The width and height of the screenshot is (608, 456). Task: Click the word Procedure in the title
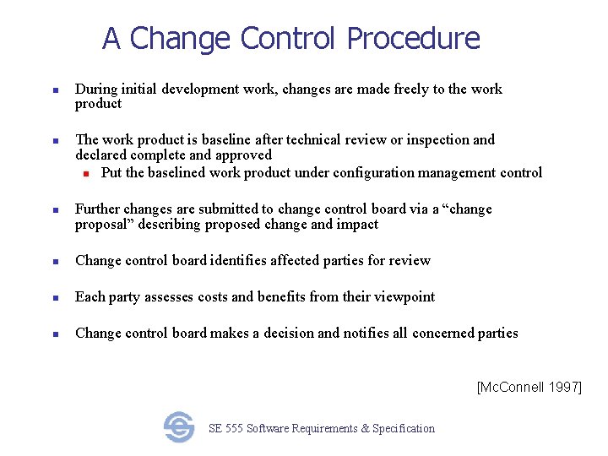tap(413, 39)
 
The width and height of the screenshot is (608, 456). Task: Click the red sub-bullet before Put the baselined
tap(86, 173)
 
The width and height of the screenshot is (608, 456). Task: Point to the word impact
tap(358, 224)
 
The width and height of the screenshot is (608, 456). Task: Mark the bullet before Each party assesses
tap(54, 297)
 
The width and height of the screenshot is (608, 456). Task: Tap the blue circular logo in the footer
tap(179, 427)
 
